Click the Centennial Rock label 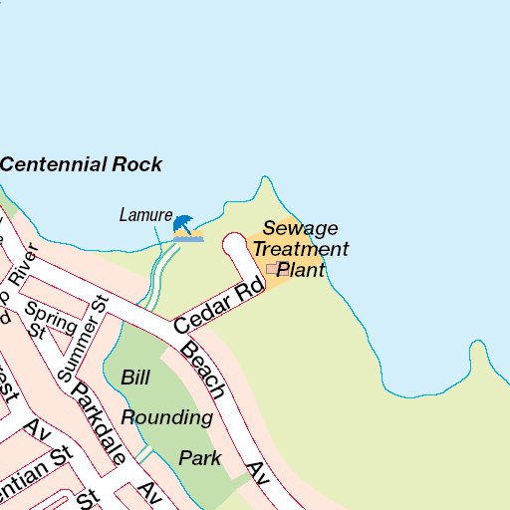point(81,165)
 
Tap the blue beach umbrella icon point(185,226)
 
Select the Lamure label point(145,214)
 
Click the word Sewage point(300,228)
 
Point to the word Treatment point(300,249)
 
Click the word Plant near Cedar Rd point(301,270)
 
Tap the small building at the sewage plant point(272,268)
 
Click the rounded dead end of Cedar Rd point(234,242)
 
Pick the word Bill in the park point(134,378)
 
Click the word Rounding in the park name point(167,417)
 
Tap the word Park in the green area point(199,458)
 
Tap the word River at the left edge point(22,267)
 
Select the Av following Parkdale point(150,492)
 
